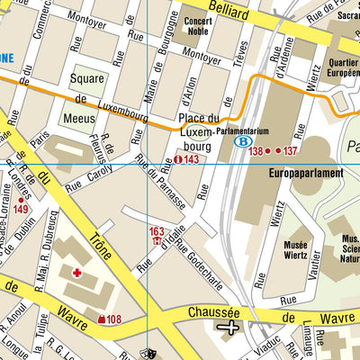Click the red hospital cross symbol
pos(77,271)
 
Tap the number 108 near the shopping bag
pos(112,319)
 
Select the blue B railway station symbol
pos(241,141)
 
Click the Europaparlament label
pos(306,173)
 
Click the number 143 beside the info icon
pos(192,159)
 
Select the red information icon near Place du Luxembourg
pos(177,159)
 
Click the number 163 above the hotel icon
pos(157,231)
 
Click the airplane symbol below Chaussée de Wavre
pos(229,327)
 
